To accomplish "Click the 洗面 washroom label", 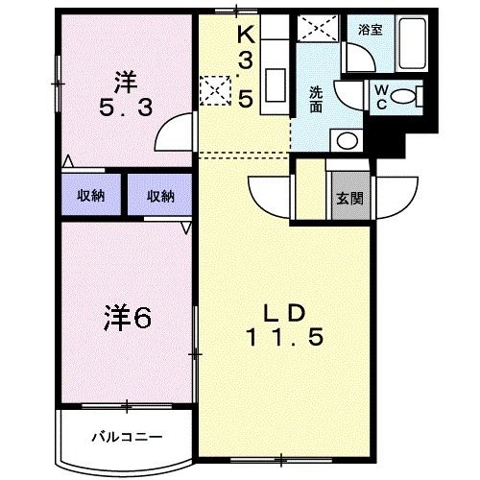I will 315,98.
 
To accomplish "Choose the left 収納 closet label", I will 91,196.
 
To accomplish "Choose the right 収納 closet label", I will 160,196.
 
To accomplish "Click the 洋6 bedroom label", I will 128,318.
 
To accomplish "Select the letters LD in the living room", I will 284,311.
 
